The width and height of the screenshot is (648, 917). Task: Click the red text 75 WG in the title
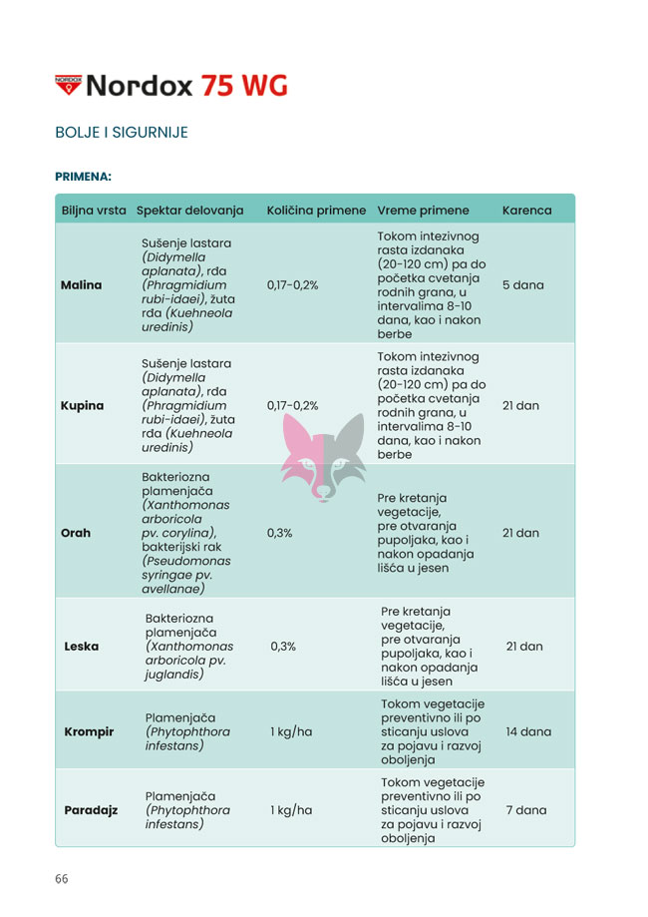point(244,85)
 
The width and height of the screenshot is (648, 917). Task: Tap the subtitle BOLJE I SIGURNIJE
point(122,133)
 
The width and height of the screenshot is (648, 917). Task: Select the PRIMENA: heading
point(83,177)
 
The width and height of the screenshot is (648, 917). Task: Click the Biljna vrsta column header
point(94,211)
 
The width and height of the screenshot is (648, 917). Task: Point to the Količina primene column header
point(316,211)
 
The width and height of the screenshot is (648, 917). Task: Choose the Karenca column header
point(526,211)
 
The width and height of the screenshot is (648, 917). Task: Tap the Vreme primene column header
point(423,211)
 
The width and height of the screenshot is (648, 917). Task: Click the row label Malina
point(82,284)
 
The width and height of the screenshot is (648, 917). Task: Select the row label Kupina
point(83,406)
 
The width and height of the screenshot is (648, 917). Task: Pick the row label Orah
point(76,533)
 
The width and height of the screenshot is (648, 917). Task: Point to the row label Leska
point(81,646)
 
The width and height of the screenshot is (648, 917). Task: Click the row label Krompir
point(89,731)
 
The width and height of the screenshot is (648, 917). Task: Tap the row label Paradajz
point(91,810)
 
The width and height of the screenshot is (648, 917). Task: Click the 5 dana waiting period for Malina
point(522,284)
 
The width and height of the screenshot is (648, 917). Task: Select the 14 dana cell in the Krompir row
point(527,731)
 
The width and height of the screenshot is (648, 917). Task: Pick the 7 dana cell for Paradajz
point(525,810)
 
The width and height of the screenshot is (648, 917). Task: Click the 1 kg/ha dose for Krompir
point(291,731)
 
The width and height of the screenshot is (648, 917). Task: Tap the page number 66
point(62,879)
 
